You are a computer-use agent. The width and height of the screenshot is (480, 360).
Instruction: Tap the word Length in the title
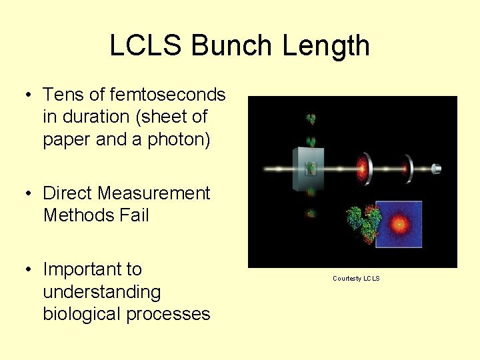coord(326,46)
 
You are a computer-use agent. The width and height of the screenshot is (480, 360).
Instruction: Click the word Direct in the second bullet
coord(68,193)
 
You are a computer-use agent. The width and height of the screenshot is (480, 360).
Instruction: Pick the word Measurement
coord(154,193)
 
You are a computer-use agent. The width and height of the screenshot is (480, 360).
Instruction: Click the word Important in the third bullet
coord(92,269)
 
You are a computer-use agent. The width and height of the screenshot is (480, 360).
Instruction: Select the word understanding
coord(101,292)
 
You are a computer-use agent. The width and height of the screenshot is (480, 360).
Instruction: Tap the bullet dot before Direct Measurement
coord(29,194)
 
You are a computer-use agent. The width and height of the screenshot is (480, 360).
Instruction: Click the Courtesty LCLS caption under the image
coord(356,279)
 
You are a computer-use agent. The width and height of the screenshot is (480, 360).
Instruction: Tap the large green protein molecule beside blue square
coord(363,224)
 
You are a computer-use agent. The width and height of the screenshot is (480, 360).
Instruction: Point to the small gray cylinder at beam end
coord(437,169)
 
